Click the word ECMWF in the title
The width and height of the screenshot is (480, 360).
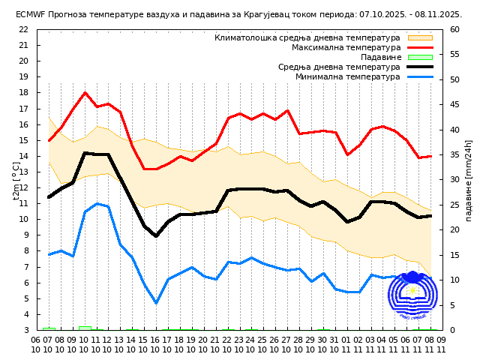(x=29, y=14)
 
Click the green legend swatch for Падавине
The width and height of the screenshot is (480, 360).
(x=420, y=57)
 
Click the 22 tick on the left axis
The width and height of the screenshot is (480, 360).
(x=23, y=29)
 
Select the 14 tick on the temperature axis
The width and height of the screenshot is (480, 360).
(x=23, y=156)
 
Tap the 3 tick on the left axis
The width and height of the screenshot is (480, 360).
(x=25, y=330)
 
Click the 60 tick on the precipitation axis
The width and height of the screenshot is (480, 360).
(x=454, y=29)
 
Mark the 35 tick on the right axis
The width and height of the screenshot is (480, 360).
(x=454, y=154)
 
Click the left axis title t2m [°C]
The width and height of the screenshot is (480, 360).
(x=16, y=180)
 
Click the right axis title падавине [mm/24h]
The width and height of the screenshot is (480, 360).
(x=468, y=180)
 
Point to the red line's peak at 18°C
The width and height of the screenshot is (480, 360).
(x=85, y=93)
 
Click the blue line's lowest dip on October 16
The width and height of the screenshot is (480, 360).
(x=156, y=303)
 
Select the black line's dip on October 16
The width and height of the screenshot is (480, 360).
(x=156, y=236)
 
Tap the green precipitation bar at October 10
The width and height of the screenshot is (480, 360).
(x=85, y=328)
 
